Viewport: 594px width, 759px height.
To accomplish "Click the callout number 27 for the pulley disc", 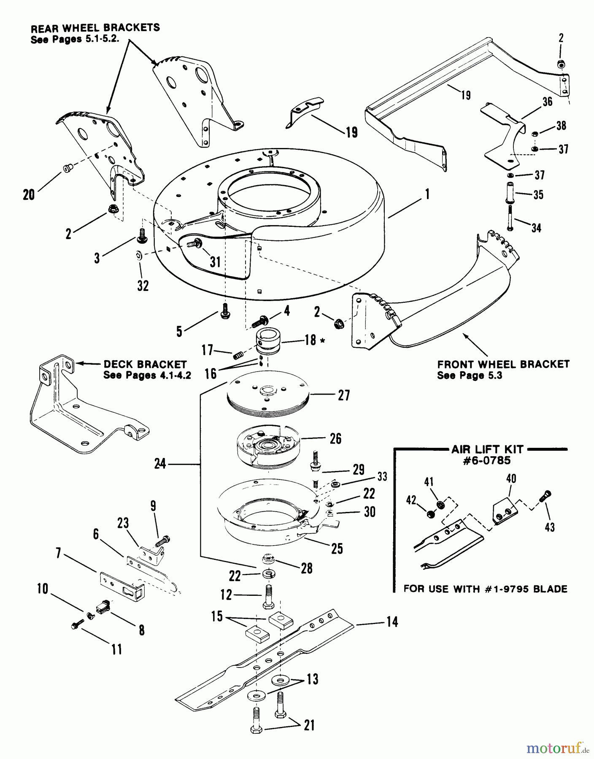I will tap(344, 396).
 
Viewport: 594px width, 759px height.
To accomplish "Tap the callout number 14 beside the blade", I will tap(392, 622).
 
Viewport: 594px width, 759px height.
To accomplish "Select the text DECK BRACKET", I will tap(145, 364).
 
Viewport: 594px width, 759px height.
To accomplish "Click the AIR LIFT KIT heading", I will tap(487, 449).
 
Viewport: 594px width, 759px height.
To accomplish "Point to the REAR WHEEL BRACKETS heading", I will tap(95, 28).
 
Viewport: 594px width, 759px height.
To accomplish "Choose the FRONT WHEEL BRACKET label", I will tap(503, 364).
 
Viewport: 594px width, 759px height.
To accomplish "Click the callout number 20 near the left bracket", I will tap(29, 195).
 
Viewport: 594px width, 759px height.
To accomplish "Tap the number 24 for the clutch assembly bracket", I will tap(160, 465).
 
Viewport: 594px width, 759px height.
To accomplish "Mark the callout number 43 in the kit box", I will tap(549, 527).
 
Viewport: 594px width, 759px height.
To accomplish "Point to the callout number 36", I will tap(547, 102).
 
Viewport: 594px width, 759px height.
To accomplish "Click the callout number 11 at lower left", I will tap(116, 649).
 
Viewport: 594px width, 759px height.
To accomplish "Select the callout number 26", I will tap(335, 439).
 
